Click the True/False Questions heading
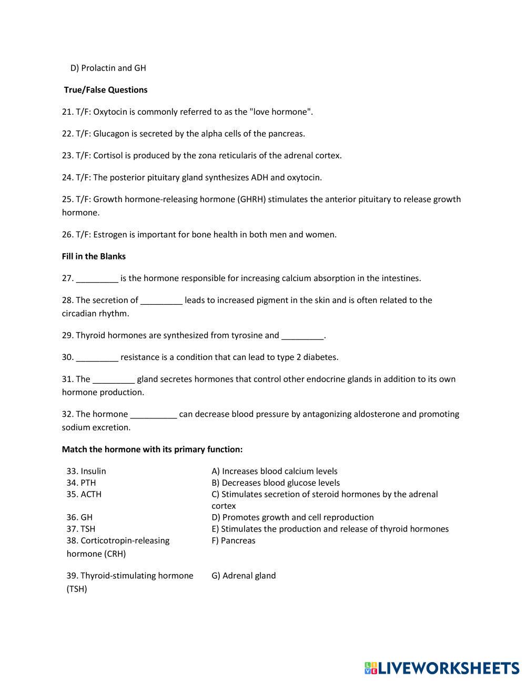[x=106, y=90]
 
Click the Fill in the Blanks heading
[x=94, y=257]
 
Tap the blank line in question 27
[x=97, y=279]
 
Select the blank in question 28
[x=161, y=301]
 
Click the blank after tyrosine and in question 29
[x=302, y=336]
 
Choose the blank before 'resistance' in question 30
[x=97, y=358]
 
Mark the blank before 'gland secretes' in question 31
[x=114, y=379]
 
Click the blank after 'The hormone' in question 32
[x=153, y=415]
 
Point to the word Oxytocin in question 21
[x=110, y=112]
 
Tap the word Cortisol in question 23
[x=108, y=156]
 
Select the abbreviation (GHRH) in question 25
[x=251, y=199]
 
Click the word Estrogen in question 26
[x=110, y=235]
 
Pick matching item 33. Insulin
[x=86, y=472]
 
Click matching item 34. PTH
[x=81, y=483]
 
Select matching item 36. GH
[x=79, y=518]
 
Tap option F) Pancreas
[x=233, y=541]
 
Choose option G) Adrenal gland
[x=244, y=576]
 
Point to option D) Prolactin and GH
[x=108, y=68]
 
